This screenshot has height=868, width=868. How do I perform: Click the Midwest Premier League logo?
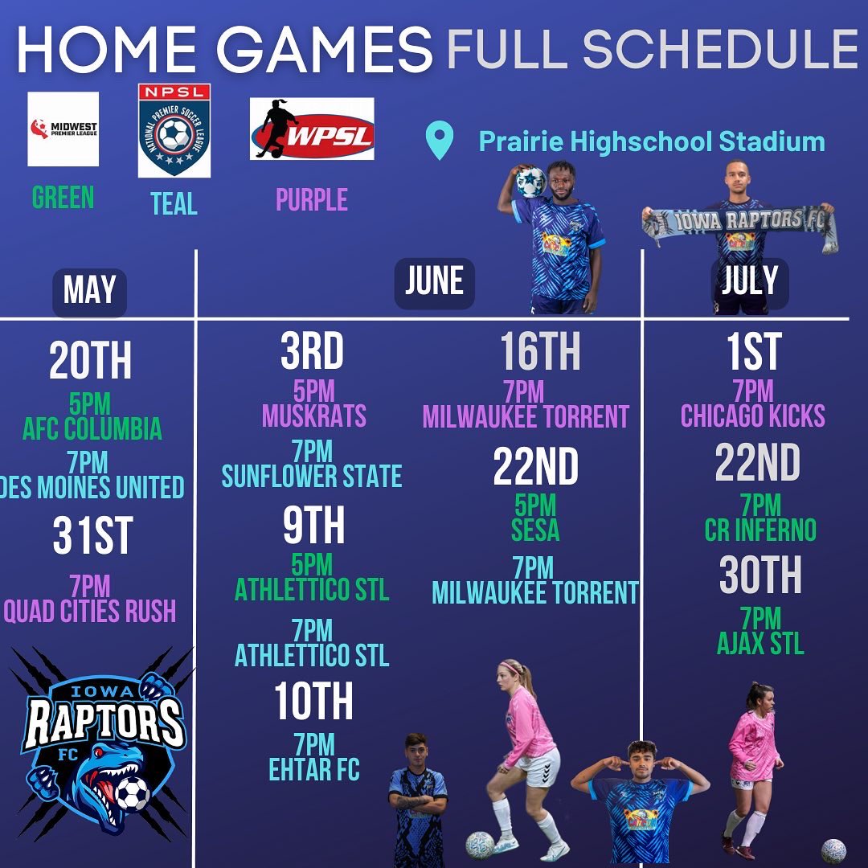(63, 129)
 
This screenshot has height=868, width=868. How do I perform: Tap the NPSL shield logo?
(174, 130)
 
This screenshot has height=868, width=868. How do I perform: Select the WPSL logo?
(312, 129)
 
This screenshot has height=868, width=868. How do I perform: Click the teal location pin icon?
(439, 141)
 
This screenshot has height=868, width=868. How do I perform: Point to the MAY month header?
(89, 291)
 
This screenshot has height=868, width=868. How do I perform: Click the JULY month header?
(749, 281)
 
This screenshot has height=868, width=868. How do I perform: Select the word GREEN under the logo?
(63, 197)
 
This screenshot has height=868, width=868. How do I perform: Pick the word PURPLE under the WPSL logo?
(312, 199)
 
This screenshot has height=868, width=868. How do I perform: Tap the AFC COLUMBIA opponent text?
(92, 429)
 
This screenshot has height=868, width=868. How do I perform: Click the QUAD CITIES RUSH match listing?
(90, 612)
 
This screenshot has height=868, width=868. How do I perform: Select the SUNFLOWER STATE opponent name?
(312, 477)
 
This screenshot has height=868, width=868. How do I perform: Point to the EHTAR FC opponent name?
(314, 770)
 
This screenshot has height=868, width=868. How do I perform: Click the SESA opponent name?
(534, 530)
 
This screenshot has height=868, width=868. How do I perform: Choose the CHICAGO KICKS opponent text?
(753, 416)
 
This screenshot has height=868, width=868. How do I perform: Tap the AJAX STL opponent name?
(760, 644)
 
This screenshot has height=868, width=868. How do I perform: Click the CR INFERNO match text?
(760, 530)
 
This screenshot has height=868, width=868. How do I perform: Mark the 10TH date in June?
(313, 702)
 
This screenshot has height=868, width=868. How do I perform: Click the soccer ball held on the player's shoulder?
(531, 182)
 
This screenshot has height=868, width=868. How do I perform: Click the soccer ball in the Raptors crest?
(131, 793)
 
